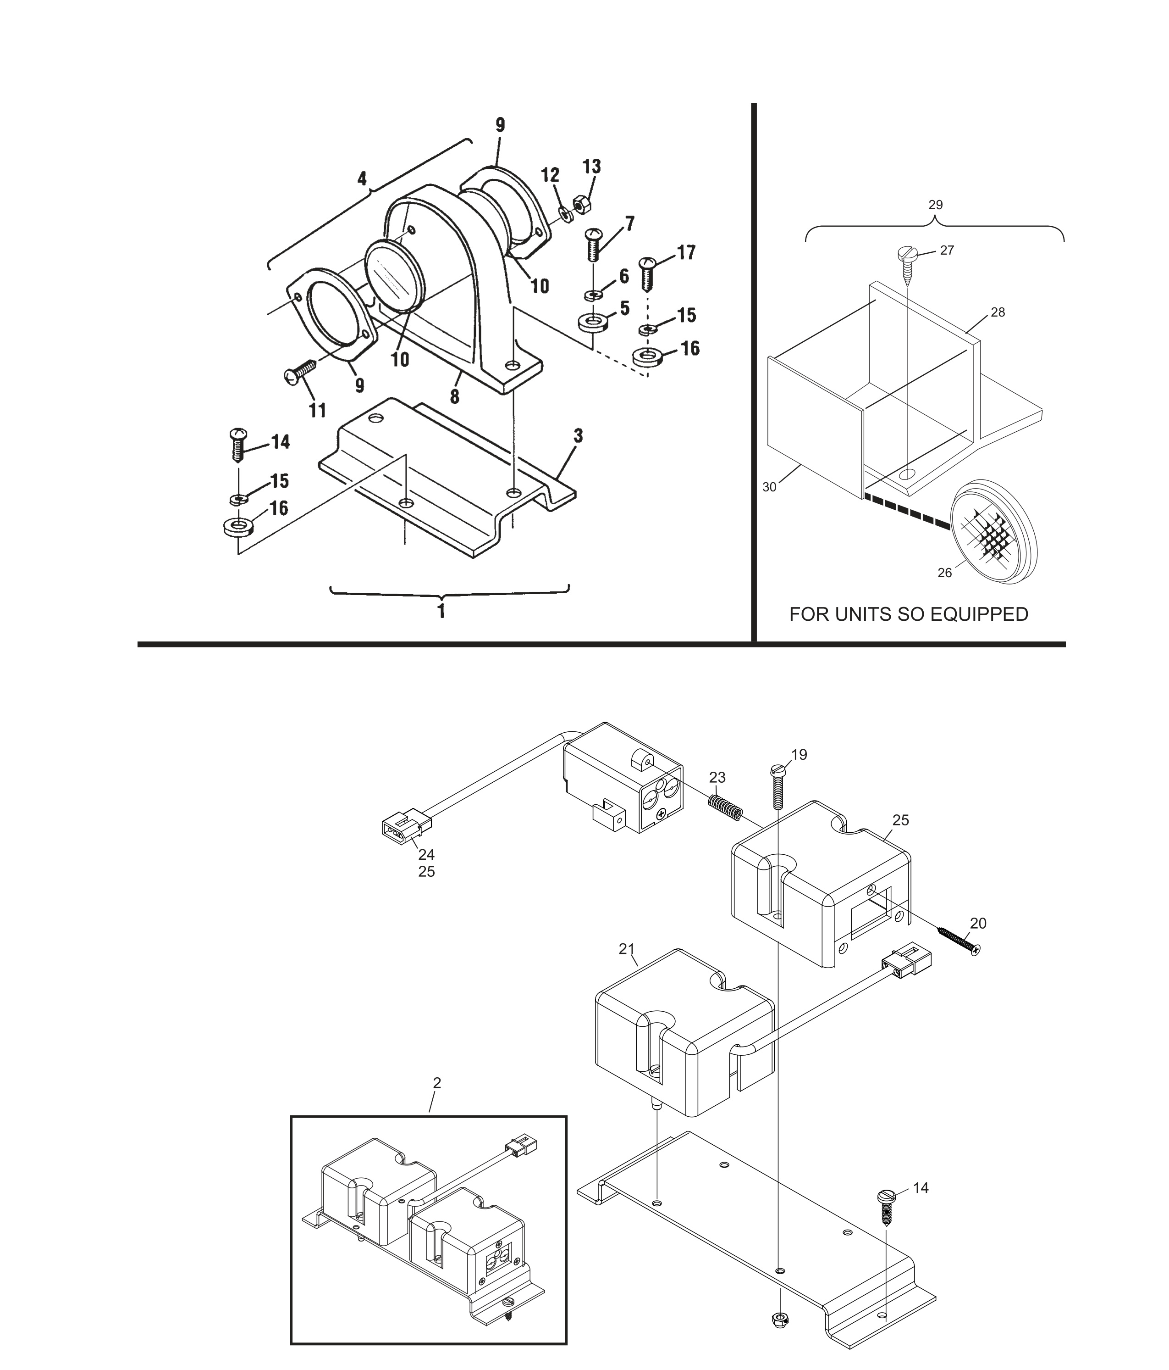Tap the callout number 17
point(686,253)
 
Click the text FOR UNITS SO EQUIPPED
point(909,614)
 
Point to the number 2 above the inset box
point(437,1083)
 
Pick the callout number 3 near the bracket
point(578,436)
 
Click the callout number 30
point(769,487)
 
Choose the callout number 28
point(998,312)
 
